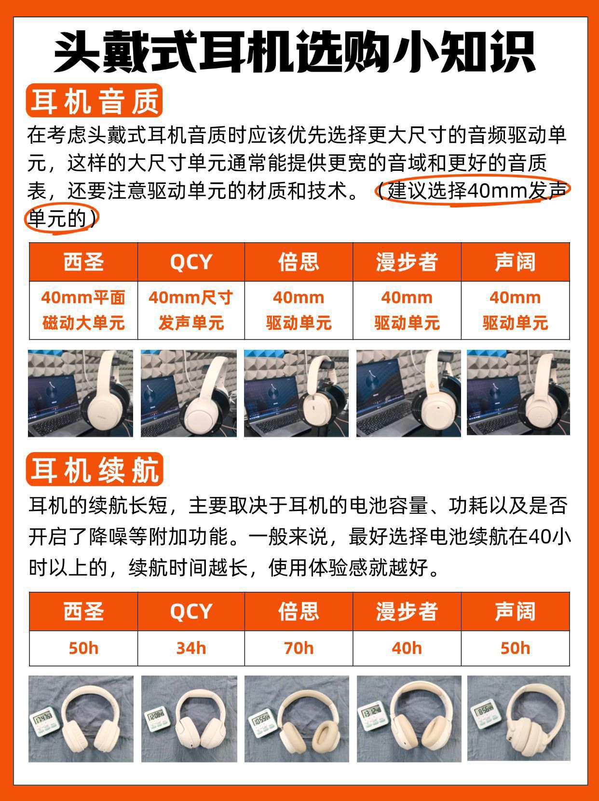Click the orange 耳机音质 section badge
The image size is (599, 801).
(x=94, y=100)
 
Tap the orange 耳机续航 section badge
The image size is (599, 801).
(x=95, y=470)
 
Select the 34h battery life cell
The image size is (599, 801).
(x=191, y=648)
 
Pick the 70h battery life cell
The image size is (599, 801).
(x=299, y=648)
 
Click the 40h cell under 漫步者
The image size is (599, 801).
(x=407, y=648)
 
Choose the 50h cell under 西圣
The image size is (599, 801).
(x=83, y=648)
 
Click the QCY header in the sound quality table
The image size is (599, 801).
(x=191, y=262)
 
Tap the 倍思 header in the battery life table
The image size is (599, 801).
(x=299, y=611)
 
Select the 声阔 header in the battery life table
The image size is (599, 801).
(x=515, y=611)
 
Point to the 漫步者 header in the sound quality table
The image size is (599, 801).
(x=407, y=262)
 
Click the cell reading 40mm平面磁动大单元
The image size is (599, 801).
(x=83, y=310)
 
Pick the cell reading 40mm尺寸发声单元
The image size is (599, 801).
(x=191, y=310)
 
